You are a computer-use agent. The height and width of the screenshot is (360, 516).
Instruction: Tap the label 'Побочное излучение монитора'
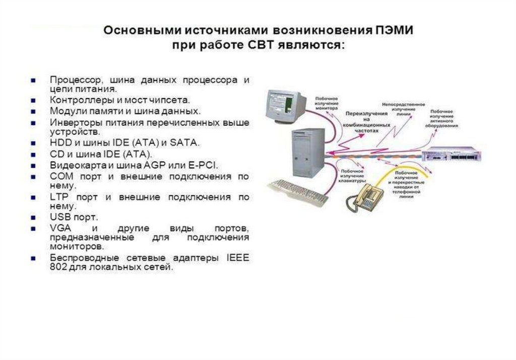click(327, 102)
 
